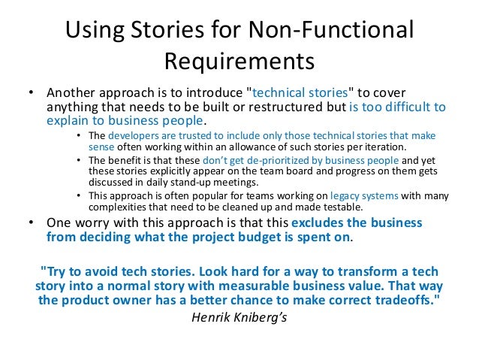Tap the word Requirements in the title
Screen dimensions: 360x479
tap(239, 59)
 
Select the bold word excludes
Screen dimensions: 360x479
tap(315, 223)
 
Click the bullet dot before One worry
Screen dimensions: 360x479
tap(31, 223)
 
